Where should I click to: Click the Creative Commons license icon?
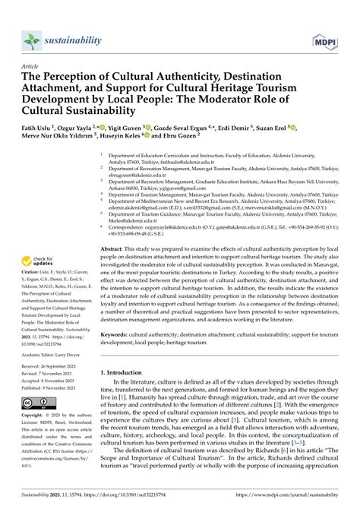pos(38,403)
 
